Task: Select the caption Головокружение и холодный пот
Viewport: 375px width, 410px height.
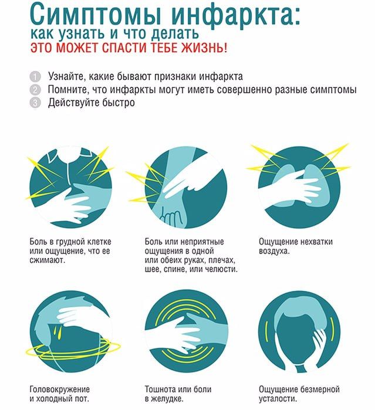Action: (x=60, y=394)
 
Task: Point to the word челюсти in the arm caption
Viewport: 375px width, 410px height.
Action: (x=221, y=269)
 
